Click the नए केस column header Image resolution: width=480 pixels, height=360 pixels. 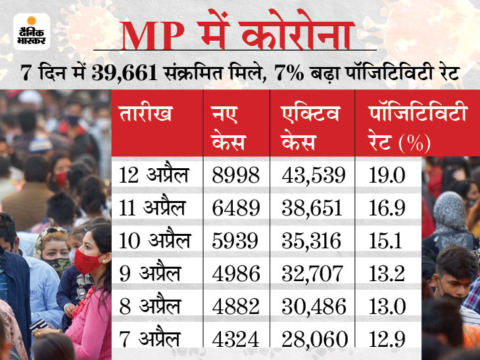230,127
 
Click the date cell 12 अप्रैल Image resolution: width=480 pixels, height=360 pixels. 153,175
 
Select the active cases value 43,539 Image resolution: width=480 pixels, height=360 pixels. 313,175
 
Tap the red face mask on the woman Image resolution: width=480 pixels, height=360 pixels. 87,261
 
